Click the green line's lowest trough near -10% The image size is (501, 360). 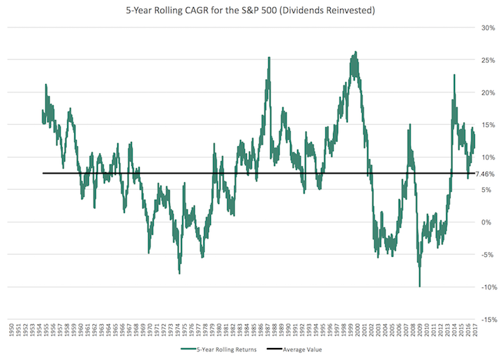pos(420,286)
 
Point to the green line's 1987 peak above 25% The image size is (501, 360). pos(269,58)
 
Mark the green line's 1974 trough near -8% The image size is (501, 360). pos(179,273)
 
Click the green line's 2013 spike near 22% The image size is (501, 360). pos(454,75)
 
